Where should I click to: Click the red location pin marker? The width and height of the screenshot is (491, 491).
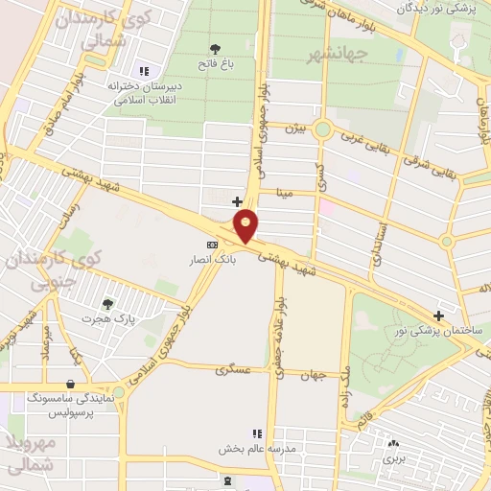pyautogui.click(x=246, y=226)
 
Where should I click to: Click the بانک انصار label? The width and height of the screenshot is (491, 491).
pyautogui.click(x=213, y=260)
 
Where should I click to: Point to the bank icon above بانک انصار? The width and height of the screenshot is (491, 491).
pyautogui.click(x=213, y=245)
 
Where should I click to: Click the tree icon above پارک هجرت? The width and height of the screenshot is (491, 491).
pyautogui.click(x=106, y=303)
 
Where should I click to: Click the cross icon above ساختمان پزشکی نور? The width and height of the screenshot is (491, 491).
pyautogui.click(x=438, y=315)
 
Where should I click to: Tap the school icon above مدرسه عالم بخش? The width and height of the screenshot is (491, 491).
pyautogui.click(x=255, y=434)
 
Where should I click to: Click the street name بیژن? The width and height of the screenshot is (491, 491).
pyautogui.click(x=300, y=128)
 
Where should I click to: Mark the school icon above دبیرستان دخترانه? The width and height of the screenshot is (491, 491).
pyautogui.click(x=145, y=70)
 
